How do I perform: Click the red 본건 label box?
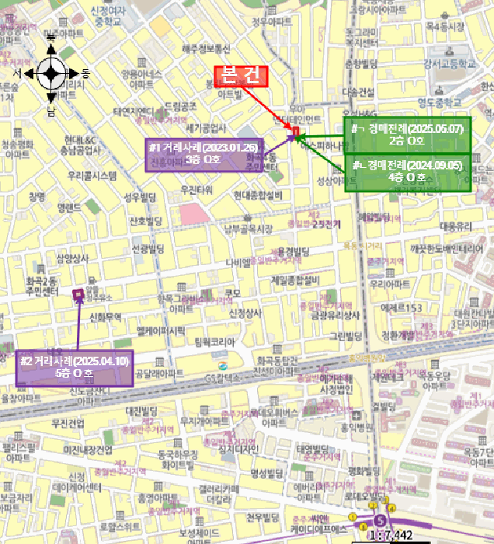(x=241, y=75)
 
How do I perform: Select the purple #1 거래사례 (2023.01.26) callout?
(x=205, y=152)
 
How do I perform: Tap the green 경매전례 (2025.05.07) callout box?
(x=407, y=134)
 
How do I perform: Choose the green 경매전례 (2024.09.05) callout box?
(x=407, y=172)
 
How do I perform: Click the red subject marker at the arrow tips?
(x=295, y=129)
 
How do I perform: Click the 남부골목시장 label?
(x=249, y=228)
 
